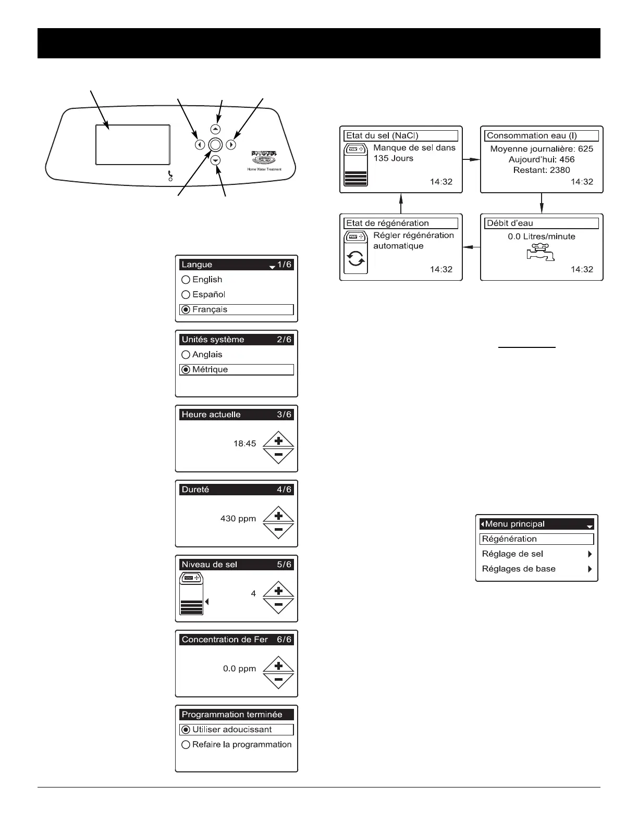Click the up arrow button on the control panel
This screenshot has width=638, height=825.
click(216, 129)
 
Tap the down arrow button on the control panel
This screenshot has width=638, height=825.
click(216, 161)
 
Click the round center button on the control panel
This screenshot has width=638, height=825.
click(216, 145)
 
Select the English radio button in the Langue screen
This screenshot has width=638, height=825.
click(186, 280)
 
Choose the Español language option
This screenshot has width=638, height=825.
click(186, 295)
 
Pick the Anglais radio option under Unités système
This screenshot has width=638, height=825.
click(186, 355)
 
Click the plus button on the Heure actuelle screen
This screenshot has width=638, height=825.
click(278, 441)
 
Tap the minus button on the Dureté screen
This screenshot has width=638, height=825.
click(278, 530)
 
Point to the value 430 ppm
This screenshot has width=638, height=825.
click(238, 519)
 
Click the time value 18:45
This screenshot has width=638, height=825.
click(244, 444)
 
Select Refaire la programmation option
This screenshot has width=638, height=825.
click(186, 745)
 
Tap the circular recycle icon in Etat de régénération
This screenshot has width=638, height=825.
click(356, 259)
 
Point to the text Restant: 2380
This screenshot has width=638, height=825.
click(542, 170)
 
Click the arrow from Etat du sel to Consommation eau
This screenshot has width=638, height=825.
click(471, 159)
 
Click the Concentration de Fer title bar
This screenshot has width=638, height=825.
click(236, 640)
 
